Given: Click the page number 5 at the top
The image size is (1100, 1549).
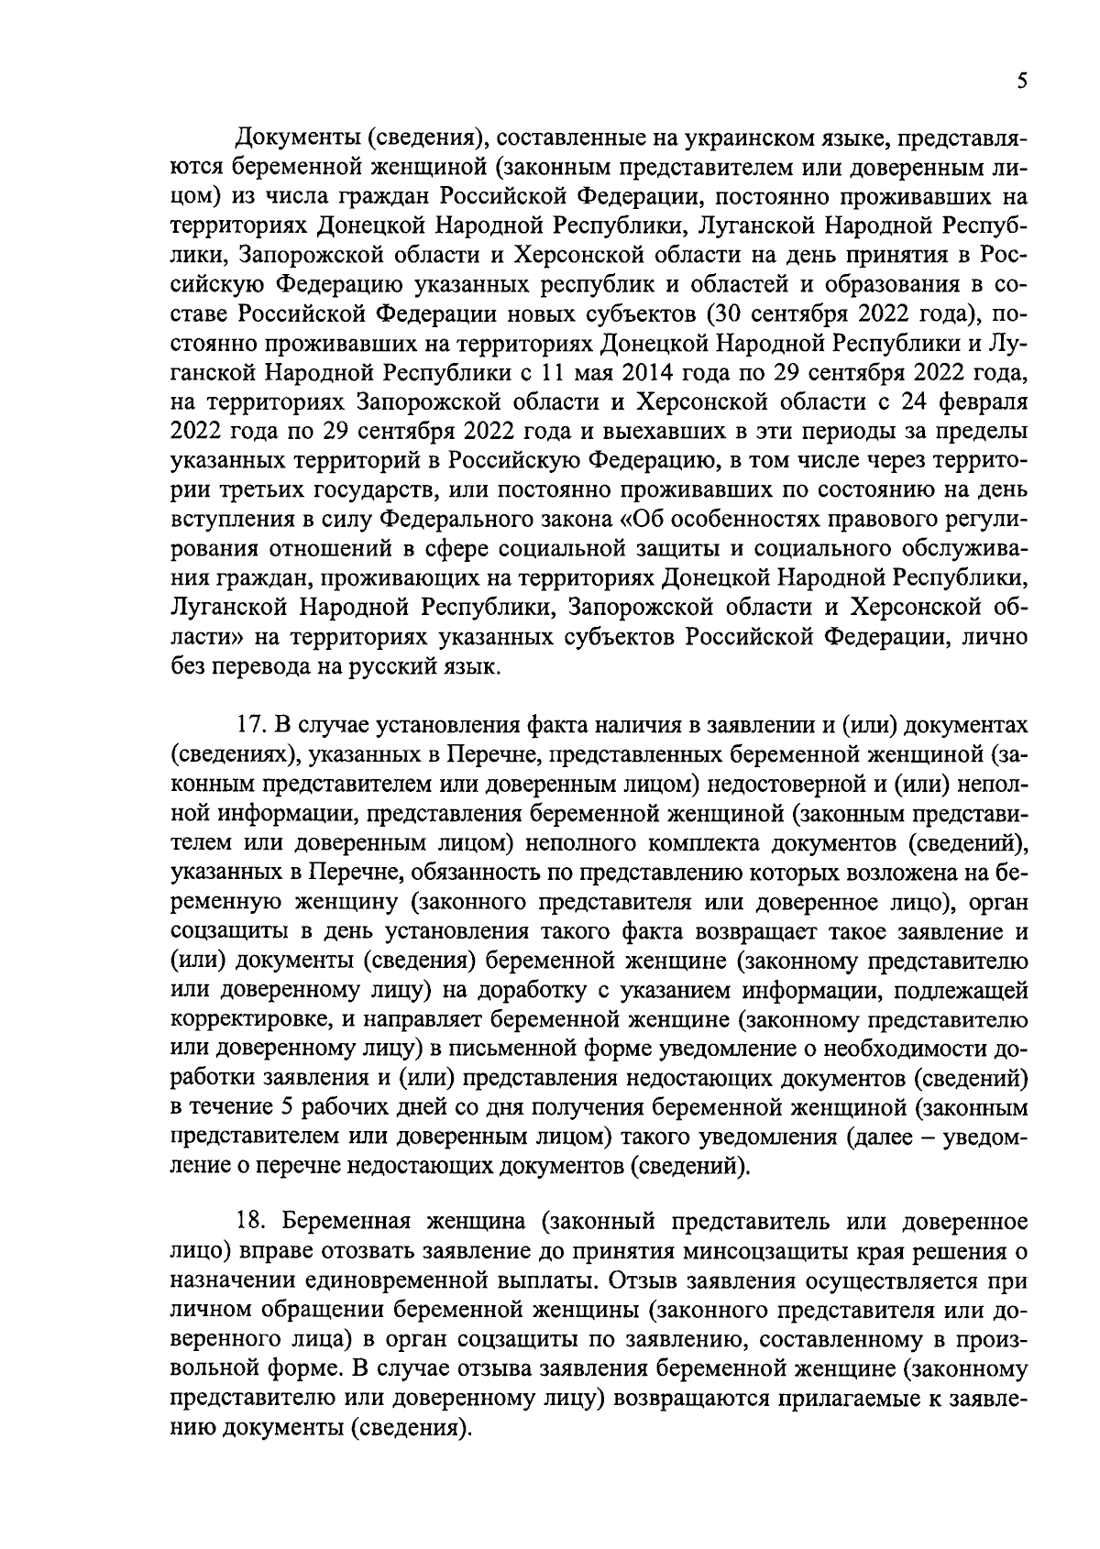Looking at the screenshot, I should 1021,82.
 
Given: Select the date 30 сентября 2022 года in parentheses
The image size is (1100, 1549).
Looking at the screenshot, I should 843,314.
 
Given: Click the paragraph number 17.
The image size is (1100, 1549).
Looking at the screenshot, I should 250,724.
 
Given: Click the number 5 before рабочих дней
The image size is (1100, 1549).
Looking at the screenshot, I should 287,1107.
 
